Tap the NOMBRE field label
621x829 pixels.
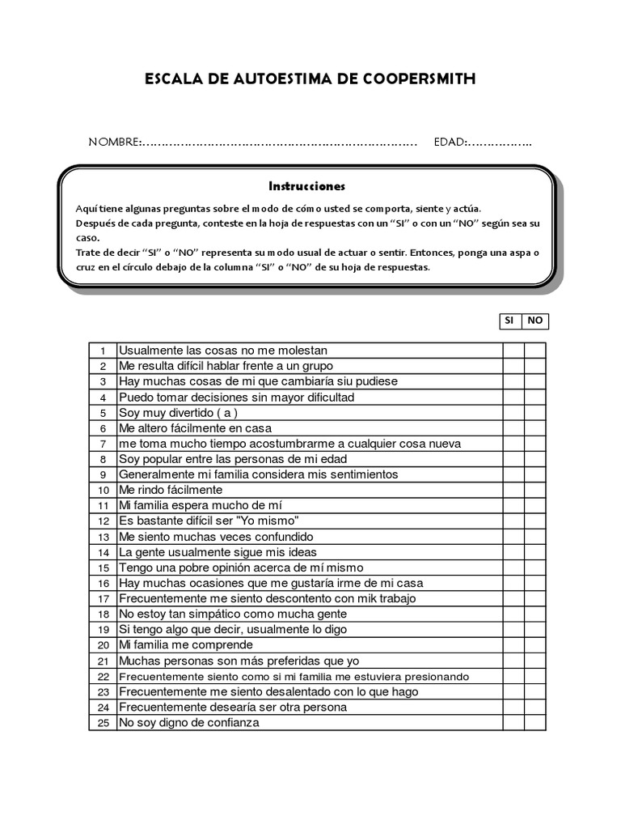pos(114,142)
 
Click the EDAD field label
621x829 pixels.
pos(450,142)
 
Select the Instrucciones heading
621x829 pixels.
pos(306,185)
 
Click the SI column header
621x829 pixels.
pos(509,321)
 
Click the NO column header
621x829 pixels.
pos(534,321)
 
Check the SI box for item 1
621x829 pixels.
pos(513,351)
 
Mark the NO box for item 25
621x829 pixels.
pos(534,722)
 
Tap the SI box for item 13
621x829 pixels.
pos(513,537)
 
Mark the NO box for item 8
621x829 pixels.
pos(534,459)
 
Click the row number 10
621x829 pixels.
pos(103,491)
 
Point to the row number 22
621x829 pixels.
pos(103,677)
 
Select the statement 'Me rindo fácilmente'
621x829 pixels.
pos(171,490)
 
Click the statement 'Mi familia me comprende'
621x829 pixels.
pos(186,644)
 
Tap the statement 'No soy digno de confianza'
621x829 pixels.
pos(189,722)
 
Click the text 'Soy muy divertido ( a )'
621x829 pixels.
pos(179,412)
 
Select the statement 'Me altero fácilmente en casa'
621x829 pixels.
pos(196,427)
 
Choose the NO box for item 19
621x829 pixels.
pos(534,629)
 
